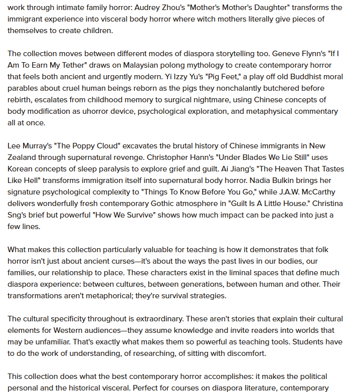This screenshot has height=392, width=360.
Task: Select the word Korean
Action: pyautogui.click(x=21, y=169)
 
